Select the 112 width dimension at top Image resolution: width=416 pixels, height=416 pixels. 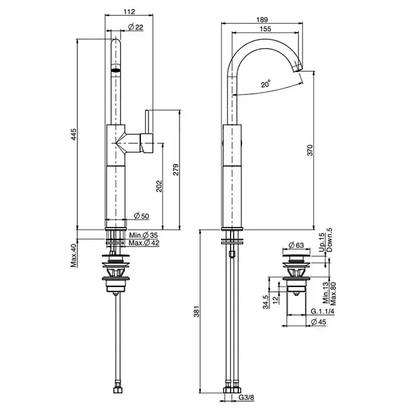pos(130,11)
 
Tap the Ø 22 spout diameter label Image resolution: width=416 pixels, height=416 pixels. pos(135,27)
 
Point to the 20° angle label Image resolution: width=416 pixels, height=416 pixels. pos(266,84)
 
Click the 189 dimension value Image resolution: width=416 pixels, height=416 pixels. pos(262,20)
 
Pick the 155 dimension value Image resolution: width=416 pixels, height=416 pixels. pos(265,29)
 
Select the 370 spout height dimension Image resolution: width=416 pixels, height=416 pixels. pos(310,150)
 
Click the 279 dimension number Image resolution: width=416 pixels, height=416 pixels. pos(176,170)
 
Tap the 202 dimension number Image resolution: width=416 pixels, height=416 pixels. pos(159,186)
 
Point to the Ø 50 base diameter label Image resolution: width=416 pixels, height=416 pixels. pos(141,216)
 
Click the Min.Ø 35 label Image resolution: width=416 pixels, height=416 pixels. pos(143,235)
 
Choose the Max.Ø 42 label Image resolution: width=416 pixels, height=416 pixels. pos(144,242)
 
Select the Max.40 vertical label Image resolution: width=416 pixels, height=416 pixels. pos(74,255)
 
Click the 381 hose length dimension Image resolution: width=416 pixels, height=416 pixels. pos(196,311)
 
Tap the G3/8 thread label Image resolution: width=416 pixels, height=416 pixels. pos(247,398)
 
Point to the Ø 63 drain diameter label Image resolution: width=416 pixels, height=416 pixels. pos(296,245)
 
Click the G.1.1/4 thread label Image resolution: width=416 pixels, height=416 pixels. pos(322,311)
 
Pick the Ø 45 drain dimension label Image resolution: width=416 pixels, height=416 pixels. pos(318,322)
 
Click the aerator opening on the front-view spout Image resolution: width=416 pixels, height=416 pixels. pos(116,70)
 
